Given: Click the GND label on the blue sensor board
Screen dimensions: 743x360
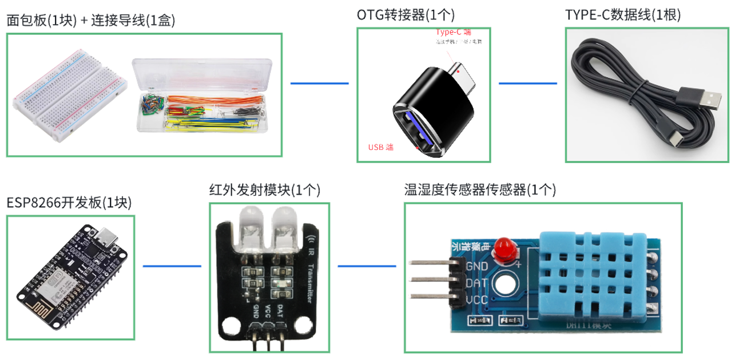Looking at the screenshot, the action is click(x=476, y=266).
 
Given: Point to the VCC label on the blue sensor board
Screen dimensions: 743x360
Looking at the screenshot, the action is click(x=476, y=300).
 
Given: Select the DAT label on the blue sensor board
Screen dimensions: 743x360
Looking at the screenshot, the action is click(x=476, y=283).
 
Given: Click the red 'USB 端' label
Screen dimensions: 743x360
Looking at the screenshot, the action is click(x=380, y=147).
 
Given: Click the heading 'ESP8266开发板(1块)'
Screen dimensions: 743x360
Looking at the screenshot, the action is click(x=69, y=203).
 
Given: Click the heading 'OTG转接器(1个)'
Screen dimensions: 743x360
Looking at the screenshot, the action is click(x=406, y=15).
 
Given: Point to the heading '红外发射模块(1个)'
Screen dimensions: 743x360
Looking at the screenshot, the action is click(x=265, y=189).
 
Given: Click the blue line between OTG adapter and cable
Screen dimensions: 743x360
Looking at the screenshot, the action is click(x=527, y=83).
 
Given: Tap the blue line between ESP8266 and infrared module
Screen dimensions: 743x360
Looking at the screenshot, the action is click(x=172, y=266).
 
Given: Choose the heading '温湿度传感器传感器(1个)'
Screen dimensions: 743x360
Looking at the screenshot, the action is click(x=480, y=189).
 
